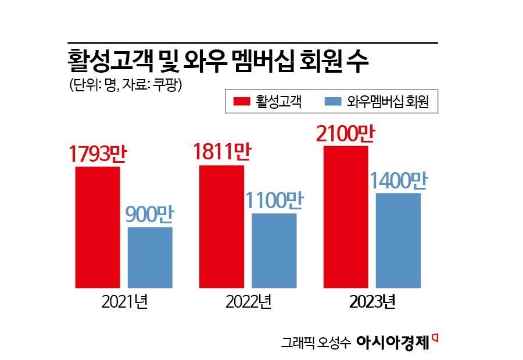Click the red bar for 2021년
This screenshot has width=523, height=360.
[98, 227]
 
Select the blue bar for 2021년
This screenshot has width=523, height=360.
[150, 257]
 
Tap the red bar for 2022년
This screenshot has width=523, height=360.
[221, 226]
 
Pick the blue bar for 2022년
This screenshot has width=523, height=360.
[274, 250]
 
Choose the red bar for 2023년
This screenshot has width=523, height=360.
[346, 216]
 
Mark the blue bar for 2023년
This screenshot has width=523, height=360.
[398, 240]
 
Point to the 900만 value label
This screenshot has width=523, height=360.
[150, 215]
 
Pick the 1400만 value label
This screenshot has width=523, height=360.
[398, 181]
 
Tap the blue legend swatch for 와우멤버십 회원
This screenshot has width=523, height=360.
[332, 102]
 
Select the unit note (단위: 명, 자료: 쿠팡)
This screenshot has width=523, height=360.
[126, 85]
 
